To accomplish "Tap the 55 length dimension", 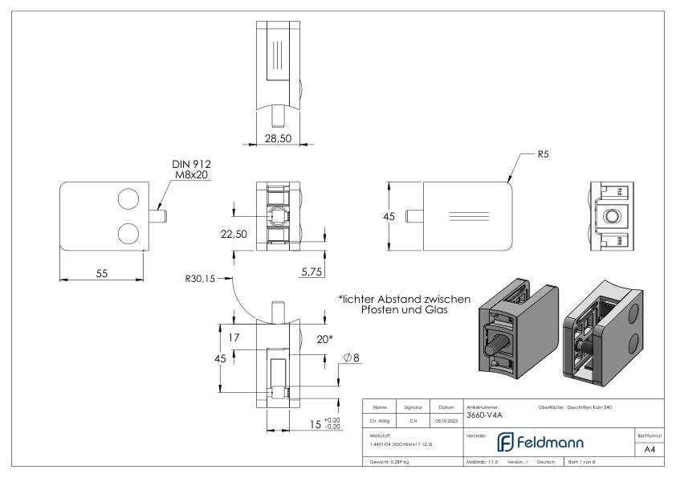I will point(102,273).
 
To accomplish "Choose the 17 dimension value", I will point(234,338).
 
